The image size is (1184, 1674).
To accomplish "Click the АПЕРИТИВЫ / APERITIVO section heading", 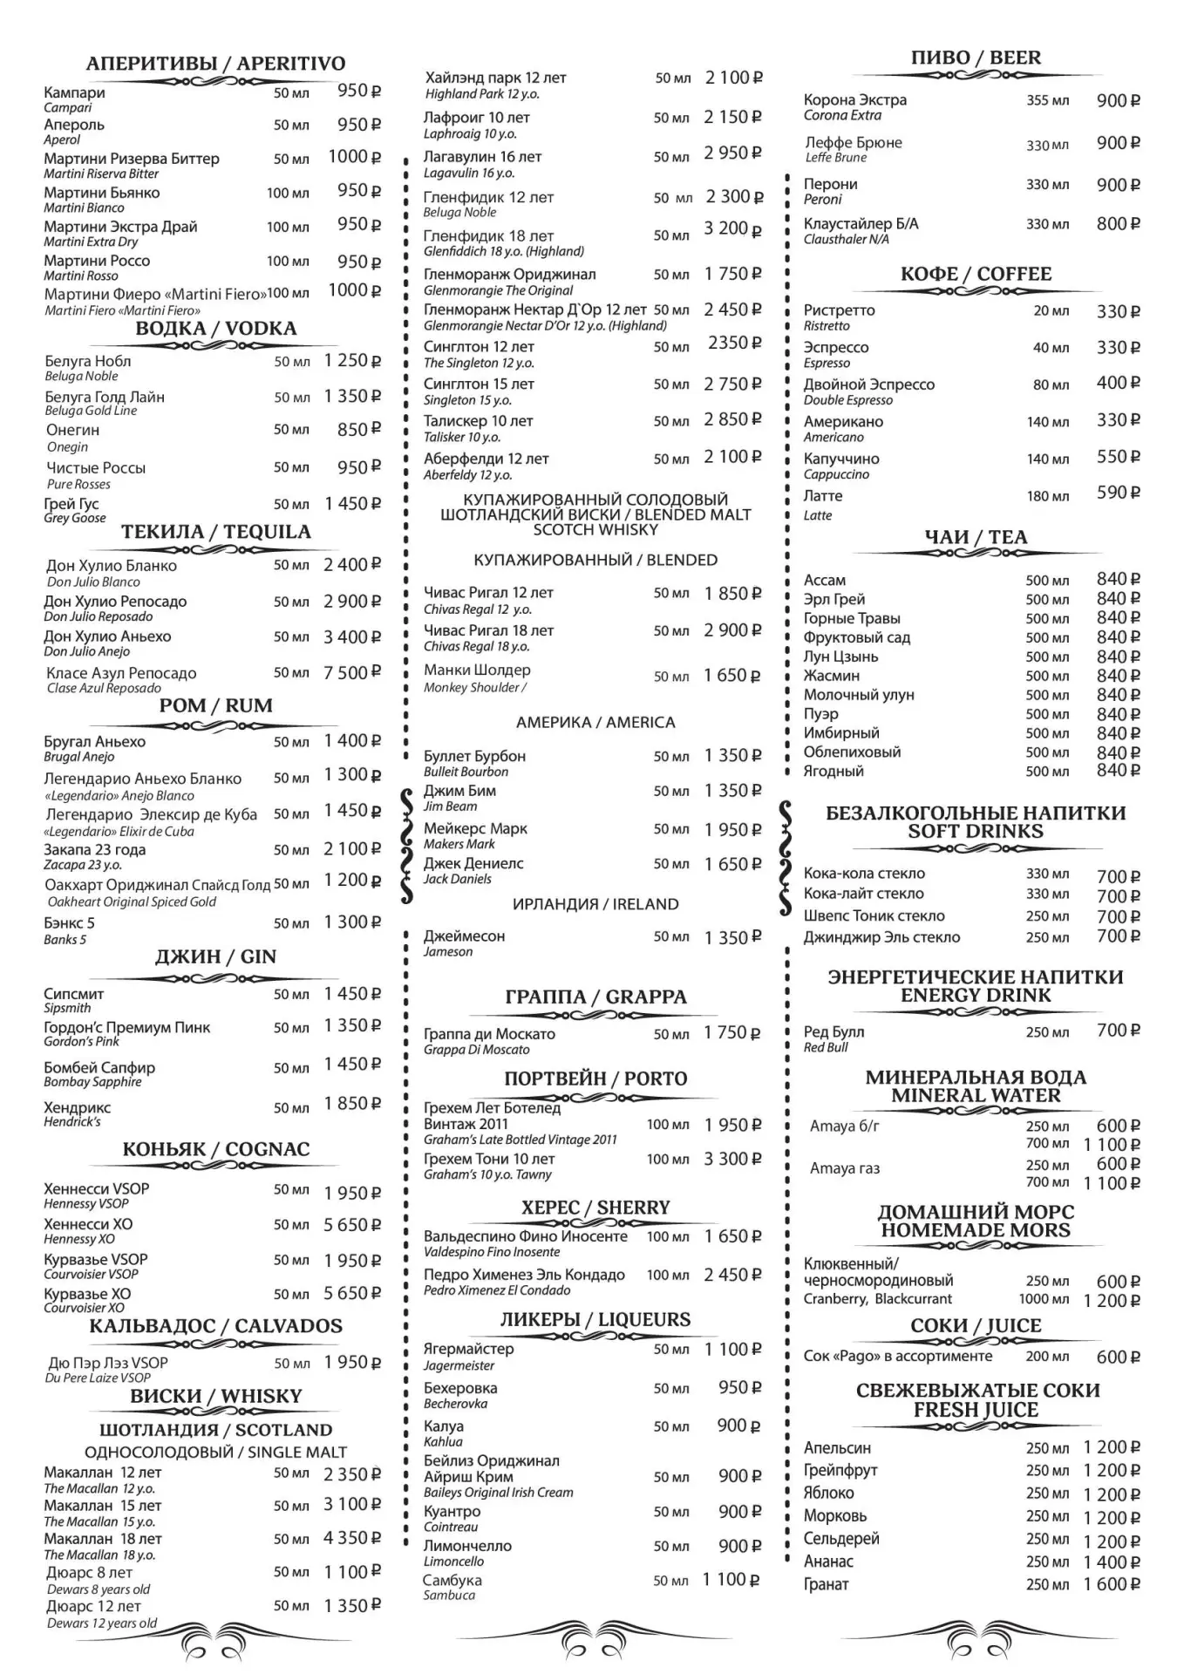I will (x=215, y=64).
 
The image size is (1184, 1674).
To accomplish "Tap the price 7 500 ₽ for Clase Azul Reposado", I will (x=352, y=672).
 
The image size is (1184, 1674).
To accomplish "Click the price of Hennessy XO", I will (x=352, y=1225).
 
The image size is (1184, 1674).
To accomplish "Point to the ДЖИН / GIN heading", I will (x=215, y=957).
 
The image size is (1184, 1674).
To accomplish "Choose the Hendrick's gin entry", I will (x=78, y=1108).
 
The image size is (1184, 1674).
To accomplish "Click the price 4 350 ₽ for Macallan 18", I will (x=352, y=1539).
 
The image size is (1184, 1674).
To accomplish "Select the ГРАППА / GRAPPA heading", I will (x=595, y=997).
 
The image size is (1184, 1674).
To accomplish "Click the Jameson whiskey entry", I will (x=464, y=936).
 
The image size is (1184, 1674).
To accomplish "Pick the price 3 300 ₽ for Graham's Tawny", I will (x=732, y=1160).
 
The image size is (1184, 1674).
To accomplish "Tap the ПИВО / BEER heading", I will (x=976, y=58).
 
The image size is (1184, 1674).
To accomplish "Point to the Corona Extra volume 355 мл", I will (x=1047, y=101).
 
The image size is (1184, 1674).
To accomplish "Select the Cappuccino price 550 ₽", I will (x=1118, y=458).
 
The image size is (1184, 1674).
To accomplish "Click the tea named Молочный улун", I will (x=859, y=695).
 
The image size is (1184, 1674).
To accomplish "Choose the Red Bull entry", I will (x=834, y=1032).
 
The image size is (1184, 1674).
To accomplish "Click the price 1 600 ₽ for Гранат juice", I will (x=1112, y=1584).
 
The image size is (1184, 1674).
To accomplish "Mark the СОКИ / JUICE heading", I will (x=976, y=1326).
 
